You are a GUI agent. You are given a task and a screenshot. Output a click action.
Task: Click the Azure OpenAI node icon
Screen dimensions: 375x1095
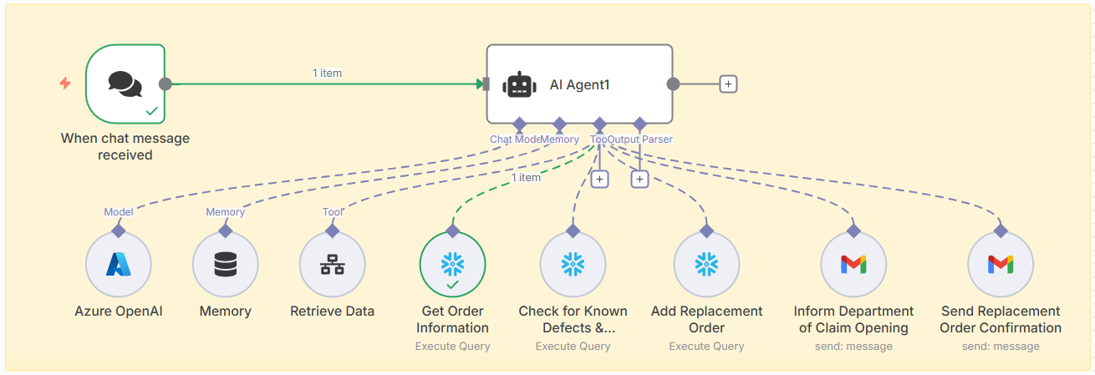[x=118, y=265]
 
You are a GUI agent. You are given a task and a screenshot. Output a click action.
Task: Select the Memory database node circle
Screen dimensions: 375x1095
[x=225, y=265]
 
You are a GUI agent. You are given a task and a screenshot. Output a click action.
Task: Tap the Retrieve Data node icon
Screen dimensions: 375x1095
[x=332, y=265]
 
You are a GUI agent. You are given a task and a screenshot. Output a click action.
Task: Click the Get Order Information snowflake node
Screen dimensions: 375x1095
[x=452, y=265]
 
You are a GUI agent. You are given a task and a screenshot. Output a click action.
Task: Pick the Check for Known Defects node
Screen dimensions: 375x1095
[x=573, y=265]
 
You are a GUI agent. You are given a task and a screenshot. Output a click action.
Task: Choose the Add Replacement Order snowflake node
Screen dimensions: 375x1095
[x=706, y=265]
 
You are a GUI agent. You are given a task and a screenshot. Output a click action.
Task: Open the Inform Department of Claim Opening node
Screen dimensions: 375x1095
[x=853, y=265]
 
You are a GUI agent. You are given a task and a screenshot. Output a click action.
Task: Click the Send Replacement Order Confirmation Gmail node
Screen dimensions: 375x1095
[x=1001, y=265]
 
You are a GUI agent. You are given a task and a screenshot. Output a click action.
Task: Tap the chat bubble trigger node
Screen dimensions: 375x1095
[x=125, y=84]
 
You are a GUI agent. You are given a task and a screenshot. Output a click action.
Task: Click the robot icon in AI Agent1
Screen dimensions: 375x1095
[x=519, y=84]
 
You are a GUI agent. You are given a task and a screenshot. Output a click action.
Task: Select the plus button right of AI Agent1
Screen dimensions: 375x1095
[x=728, y=84]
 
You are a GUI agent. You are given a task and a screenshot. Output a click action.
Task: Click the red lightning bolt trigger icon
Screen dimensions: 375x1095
[x=65, y=84]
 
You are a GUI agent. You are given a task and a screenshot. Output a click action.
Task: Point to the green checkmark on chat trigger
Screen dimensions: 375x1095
[x=151, y=110]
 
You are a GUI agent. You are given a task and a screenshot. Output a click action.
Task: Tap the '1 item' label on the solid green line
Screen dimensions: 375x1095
[x=327, y=73]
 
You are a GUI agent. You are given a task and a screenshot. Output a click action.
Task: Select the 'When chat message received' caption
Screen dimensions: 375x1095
[x=125, y=146]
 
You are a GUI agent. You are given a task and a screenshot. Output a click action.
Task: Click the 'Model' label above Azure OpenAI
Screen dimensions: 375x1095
[x=118, y=212]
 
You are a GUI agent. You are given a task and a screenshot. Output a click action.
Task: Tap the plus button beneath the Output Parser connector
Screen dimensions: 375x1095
[x=639, y=179]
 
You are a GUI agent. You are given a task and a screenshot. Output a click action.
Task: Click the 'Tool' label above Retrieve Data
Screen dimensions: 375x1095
[x=332, y=212]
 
